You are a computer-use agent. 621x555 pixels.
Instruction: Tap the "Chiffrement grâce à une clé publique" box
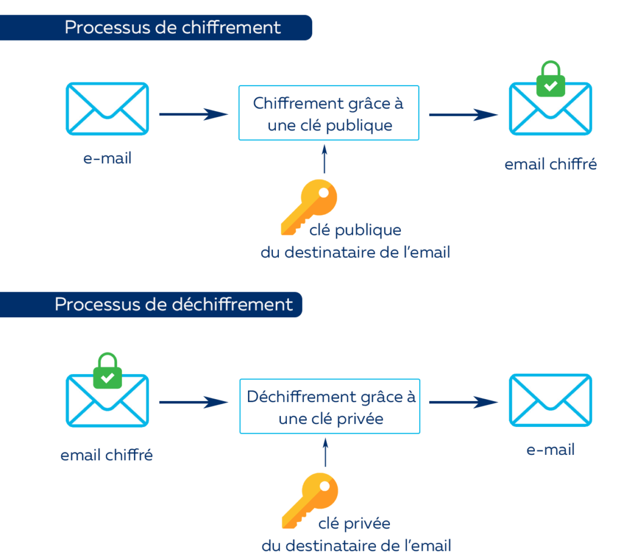point(328,114)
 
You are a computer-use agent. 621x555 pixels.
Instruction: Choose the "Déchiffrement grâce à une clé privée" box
point(331,406)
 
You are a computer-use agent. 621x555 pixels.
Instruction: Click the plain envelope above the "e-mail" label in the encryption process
point(107,109)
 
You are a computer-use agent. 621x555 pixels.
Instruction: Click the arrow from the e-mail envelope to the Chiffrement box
point(192,114)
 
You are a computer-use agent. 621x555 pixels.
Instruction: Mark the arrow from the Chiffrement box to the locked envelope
point(463,114)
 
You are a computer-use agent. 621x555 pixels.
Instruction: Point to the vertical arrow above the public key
point(325,159)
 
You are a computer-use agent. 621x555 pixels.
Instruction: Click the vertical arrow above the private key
point(326,452)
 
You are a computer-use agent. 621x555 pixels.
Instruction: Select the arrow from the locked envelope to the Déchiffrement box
point(192,402)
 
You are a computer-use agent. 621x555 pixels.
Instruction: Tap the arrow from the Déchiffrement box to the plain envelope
point(463,402)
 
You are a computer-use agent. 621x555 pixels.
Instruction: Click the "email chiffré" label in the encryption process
point(551,164)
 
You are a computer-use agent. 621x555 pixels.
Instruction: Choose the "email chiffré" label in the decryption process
point(107,455)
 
